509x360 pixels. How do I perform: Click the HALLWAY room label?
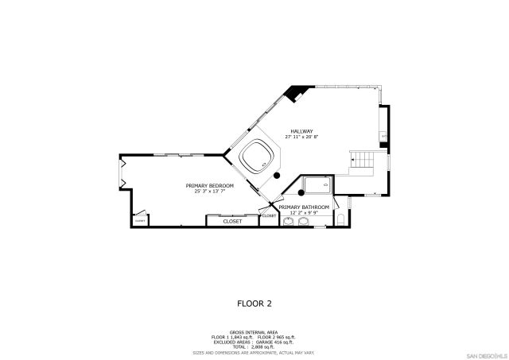pyautogui.click(x=301, y=131)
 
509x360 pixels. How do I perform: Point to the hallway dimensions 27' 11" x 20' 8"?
pyautogui.click(x=301, y=137)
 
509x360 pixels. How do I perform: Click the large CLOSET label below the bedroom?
pyautogui.click(x=232, y=221)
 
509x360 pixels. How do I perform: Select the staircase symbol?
pyautogui.click(x=363, y=161)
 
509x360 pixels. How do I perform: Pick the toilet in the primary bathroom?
pyautogui.click(x=340, y=219)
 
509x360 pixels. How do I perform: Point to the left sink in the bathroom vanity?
pyautogui.click(x=288, y=222)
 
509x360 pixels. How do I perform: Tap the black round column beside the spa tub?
pyautogui.click(x=277, y=174)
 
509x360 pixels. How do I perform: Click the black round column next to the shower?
pyautogui.click(x=301, y=192)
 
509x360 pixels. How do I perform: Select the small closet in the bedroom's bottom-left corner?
pyautogui.click(x=140, y=219)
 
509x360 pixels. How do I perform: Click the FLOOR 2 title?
pyautogui.click(x=254, y=303)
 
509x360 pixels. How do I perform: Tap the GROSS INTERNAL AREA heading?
pyautogui.click(x=254, y=331)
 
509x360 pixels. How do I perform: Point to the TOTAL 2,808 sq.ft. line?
pyautogui.click(x=254, y=346)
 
